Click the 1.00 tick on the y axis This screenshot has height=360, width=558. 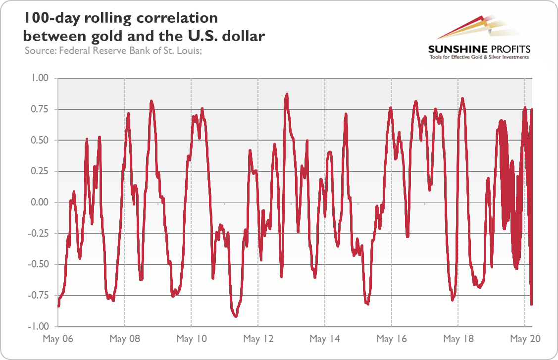40,78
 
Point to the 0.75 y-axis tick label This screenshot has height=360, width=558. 40,109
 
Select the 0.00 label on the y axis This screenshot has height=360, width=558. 40,202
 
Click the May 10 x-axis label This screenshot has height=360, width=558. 192,339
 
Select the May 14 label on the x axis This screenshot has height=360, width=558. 325,339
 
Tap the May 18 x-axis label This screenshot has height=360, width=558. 458,339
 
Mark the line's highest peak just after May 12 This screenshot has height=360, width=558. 287,94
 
